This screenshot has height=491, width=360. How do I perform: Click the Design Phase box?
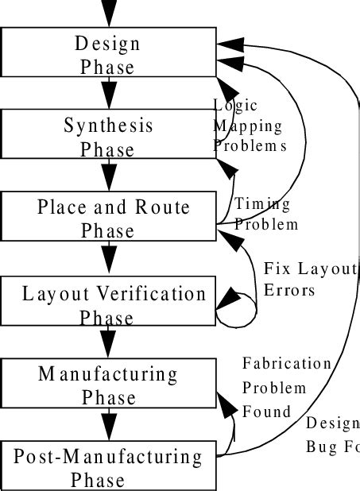pyautogui.click(x=109, y=53)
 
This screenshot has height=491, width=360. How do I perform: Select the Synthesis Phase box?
pyautogui.click(x=109, y=136)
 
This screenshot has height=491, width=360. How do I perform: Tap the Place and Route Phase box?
pyautogui.click(x=109, y=218)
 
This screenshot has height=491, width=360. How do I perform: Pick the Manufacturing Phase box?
pyautogui.click(x=109, y=385)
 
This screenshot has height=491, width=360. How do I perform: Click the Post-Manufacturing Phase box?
pyautogui.click(x=109, y=467)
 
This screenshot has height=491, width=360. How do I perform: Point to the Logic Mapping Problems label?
pyautogui.click(x=249, y=126)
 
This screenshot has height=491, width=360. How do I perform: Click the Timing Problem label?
pyautogui.click(x=266, y=214)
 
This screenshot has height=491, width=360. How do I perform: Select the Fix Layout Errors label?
pyautogui.click(x=310, y=279)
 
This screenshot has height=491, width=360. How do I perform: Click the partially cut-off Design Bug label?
pyautogui.click(x=332, y=434)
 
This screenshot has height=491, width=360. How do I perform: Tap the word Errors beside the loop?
pyautogui.click(x=289, y=290)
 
